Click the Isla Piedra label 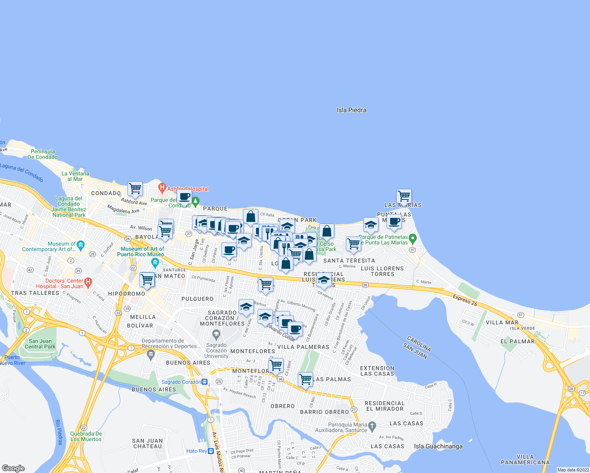coord(351,110)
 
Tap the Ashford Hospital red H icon coord(161,186)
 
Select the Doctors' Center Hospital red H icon coord(88,282)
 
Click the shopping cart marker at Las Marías coord(404,196)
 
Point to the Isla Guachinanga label coord(438,446)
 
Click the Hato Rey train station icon coord(211,451)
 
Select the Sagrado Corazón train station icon coord(204,382)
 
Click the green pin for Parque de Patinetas coord(413,238)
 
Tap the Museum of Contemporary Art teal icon coord(80,245)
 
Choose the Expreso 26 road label coord(465,300)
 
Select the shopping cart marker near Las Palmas coord(306,380)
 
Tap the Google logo coord(13,468)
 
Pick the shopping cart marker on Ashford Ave coord(135,189)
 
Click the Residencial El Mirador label coord(385,406)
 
